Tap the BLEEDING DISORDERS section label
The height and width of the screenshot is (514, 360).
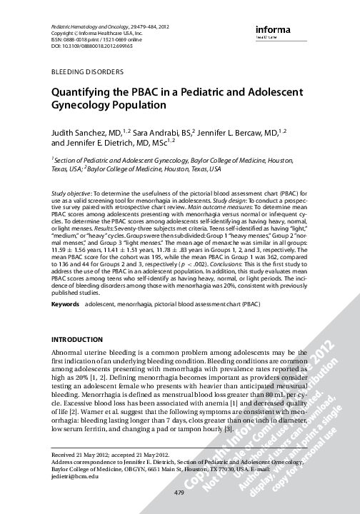86,73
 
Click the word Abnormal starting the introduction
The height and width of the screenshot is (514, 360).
69,354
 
